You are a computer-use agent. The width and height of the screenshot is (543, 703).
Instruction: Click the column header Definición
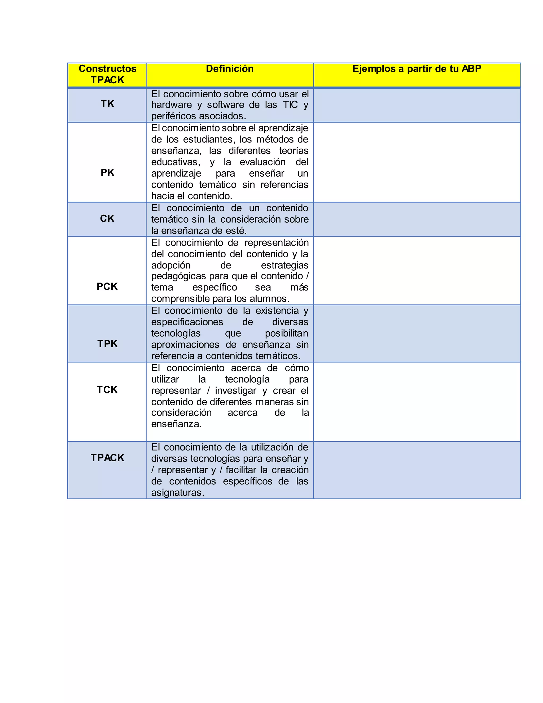[229, 69]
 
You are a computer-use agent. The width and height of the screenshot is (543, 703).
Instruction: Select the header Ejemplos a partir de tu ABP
[417, 69]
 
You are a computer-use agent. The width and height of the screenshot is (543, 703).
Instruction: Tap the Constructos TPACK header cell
[107, 74]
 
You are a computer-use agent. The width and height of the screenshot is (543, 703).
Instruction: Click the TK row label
[107, 104]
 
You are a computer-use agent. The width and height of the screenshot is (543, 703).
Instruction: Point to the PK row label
[107, 172]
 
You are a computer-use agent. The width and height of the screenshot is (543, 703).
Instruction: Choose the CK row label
[107, 219]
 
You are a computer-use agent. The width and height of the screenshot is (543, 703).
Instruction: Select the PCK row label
[107, 287]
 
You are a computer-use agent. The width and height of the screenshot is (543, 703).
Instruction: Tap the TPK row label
[107, 344]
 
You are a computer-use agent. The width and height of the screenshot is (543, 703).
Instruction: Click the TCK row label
[107, 390]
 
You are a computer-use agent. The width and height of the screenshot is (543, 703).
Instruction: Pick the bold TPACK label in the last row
[107, 458]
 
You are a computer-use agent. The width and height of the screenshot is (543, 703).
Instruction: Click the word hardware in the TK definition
[171, 105]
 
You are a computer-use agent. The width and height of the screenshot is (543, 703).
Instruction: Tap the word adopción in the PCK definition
[171, 265]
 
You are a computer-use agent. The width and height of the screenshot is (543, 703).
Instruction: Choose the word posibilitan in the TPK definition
[286, 333]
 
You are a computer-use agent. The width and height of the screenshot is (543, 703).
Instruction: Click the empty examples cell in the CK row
[417, 219]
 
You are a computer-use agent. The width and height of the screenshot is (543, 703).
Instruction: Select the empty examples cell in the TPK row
[417, 333]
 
